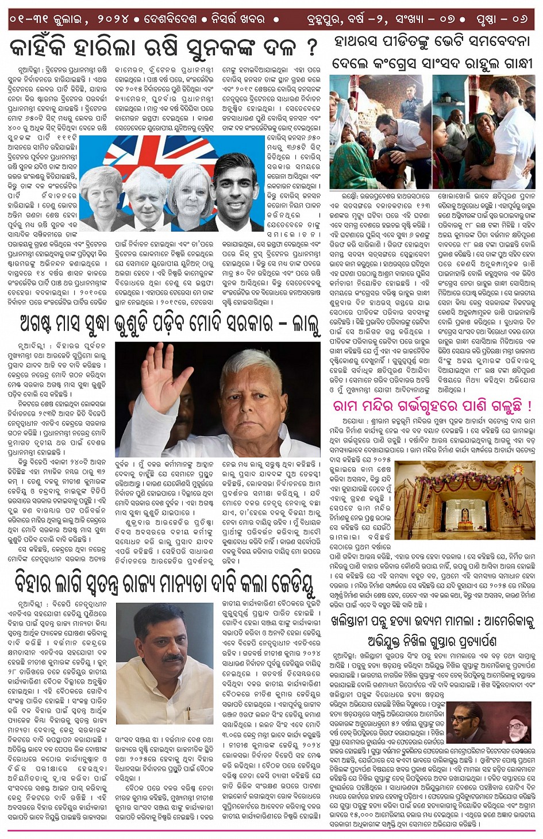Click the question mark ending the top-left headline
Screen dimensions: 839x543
311,47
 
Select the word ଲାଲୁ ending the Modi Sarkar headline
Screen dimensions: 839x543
305,325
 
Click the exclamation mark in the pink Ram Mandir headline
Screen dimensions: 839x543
528,406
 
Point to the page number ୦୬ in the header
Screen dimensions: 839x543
519,19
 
